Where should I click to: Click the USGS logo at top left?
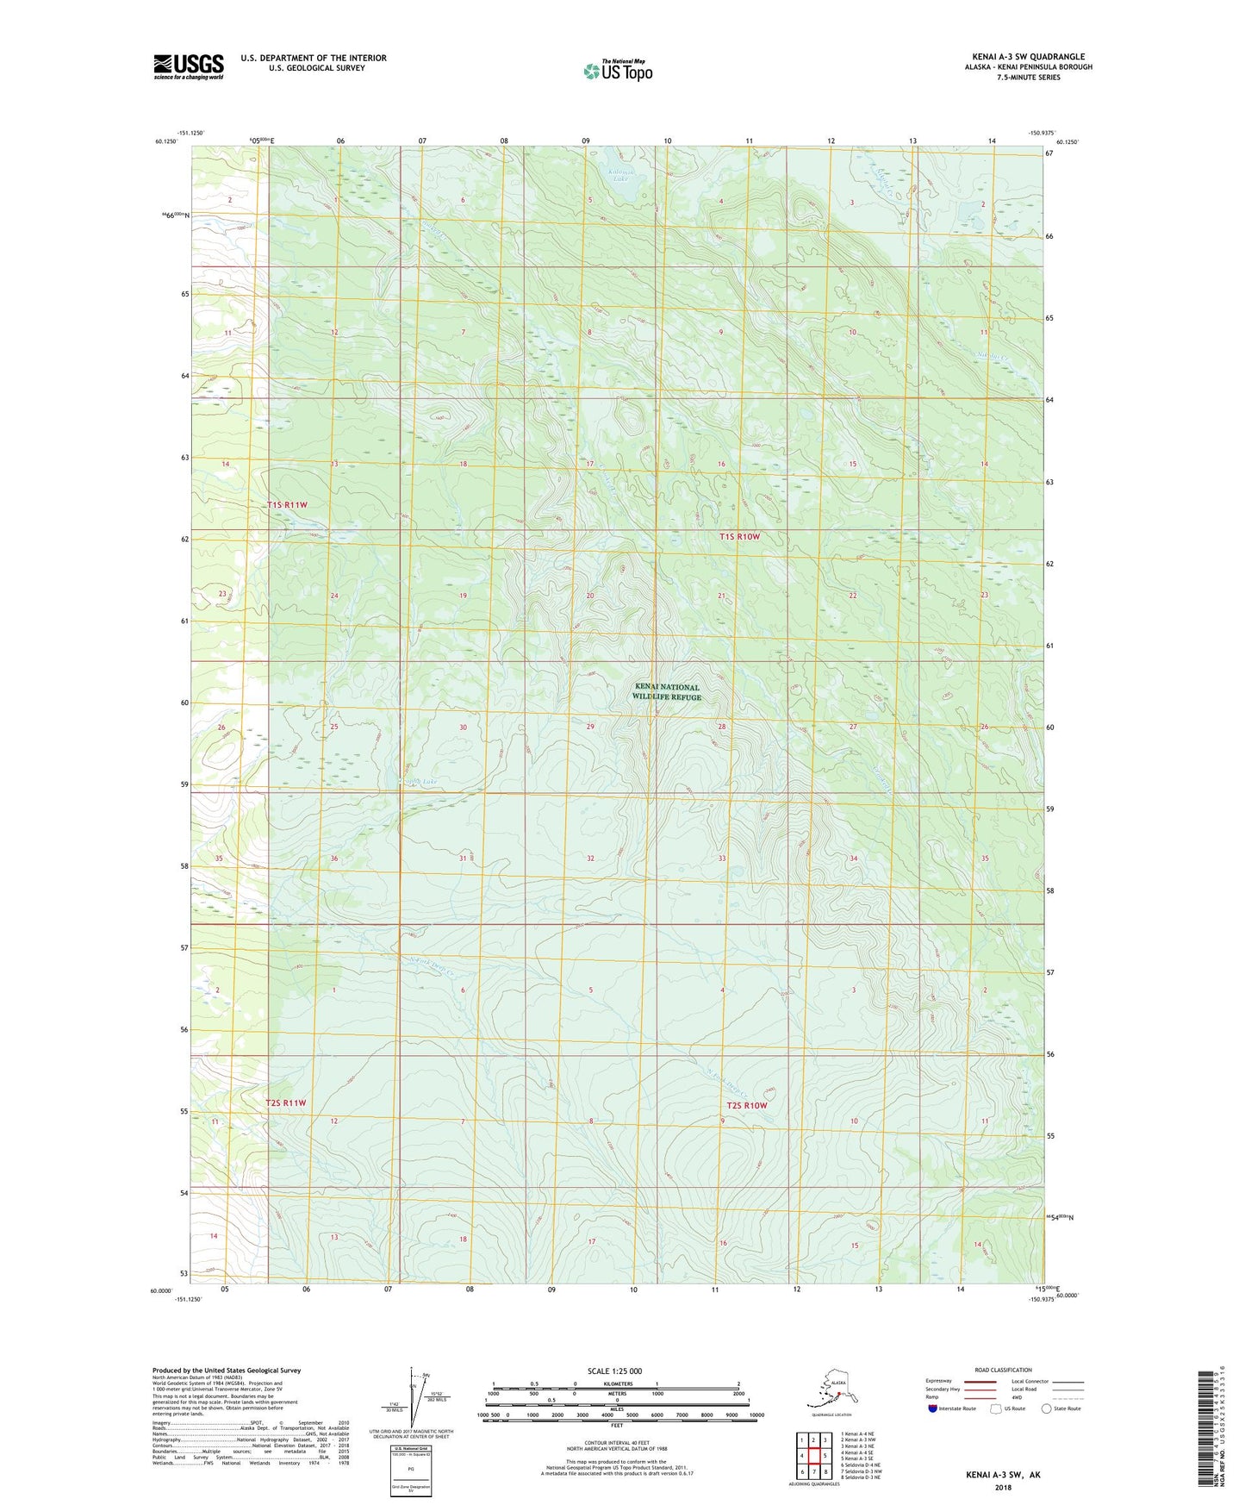pyautogui.click(x=189, y=66)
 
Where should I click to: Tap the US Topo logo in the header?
pyautogui.click(x=617, y=71)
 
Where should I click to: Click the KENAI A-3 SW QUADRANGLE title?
pyautogui.click(x=1028, y=57)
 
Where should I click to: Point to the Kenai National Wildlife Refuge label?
pyautogui.click(x=666, y=692)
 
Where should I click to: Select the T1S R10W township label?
pyautogui.click(x=739, y=537)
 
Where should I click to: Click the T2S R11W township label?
pyautogui.click(x=285, y=1103)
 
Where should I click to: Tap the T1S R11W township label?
pyautogui.click(x=287, y=504)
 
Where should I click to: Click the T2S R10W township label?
pyautogui.click(x=745, y=1105)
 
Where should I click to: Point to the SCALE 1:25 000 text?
pyautogui.click(x=614, y=1371)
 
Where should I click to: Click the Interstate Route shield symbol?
pyautogui.click(x=932, y=1408)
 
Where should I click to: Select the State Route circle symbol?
pyautogui.click(x=1047, y=1408)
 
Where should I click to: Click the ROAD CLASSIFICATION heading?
pyautogui.click(x=1003, y=1370)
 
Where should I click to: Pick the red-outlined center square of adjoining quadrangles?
pyautogui.click(x=812, y=1456)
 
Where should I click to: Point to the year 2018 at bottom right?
pyautogui.click(x=1003, y=1487)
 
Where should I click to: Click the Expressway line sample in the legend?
pyautogui.click(x=980, y=1381)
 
